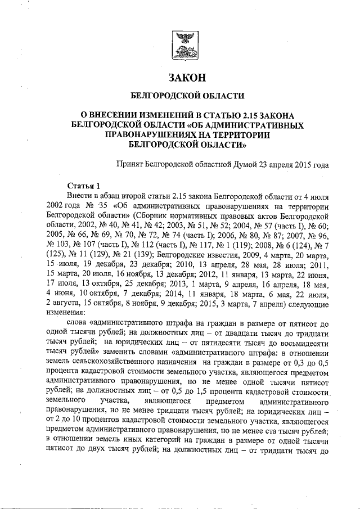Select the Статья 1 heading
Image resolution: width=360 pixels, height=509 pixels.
click(x=83, y=185)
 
